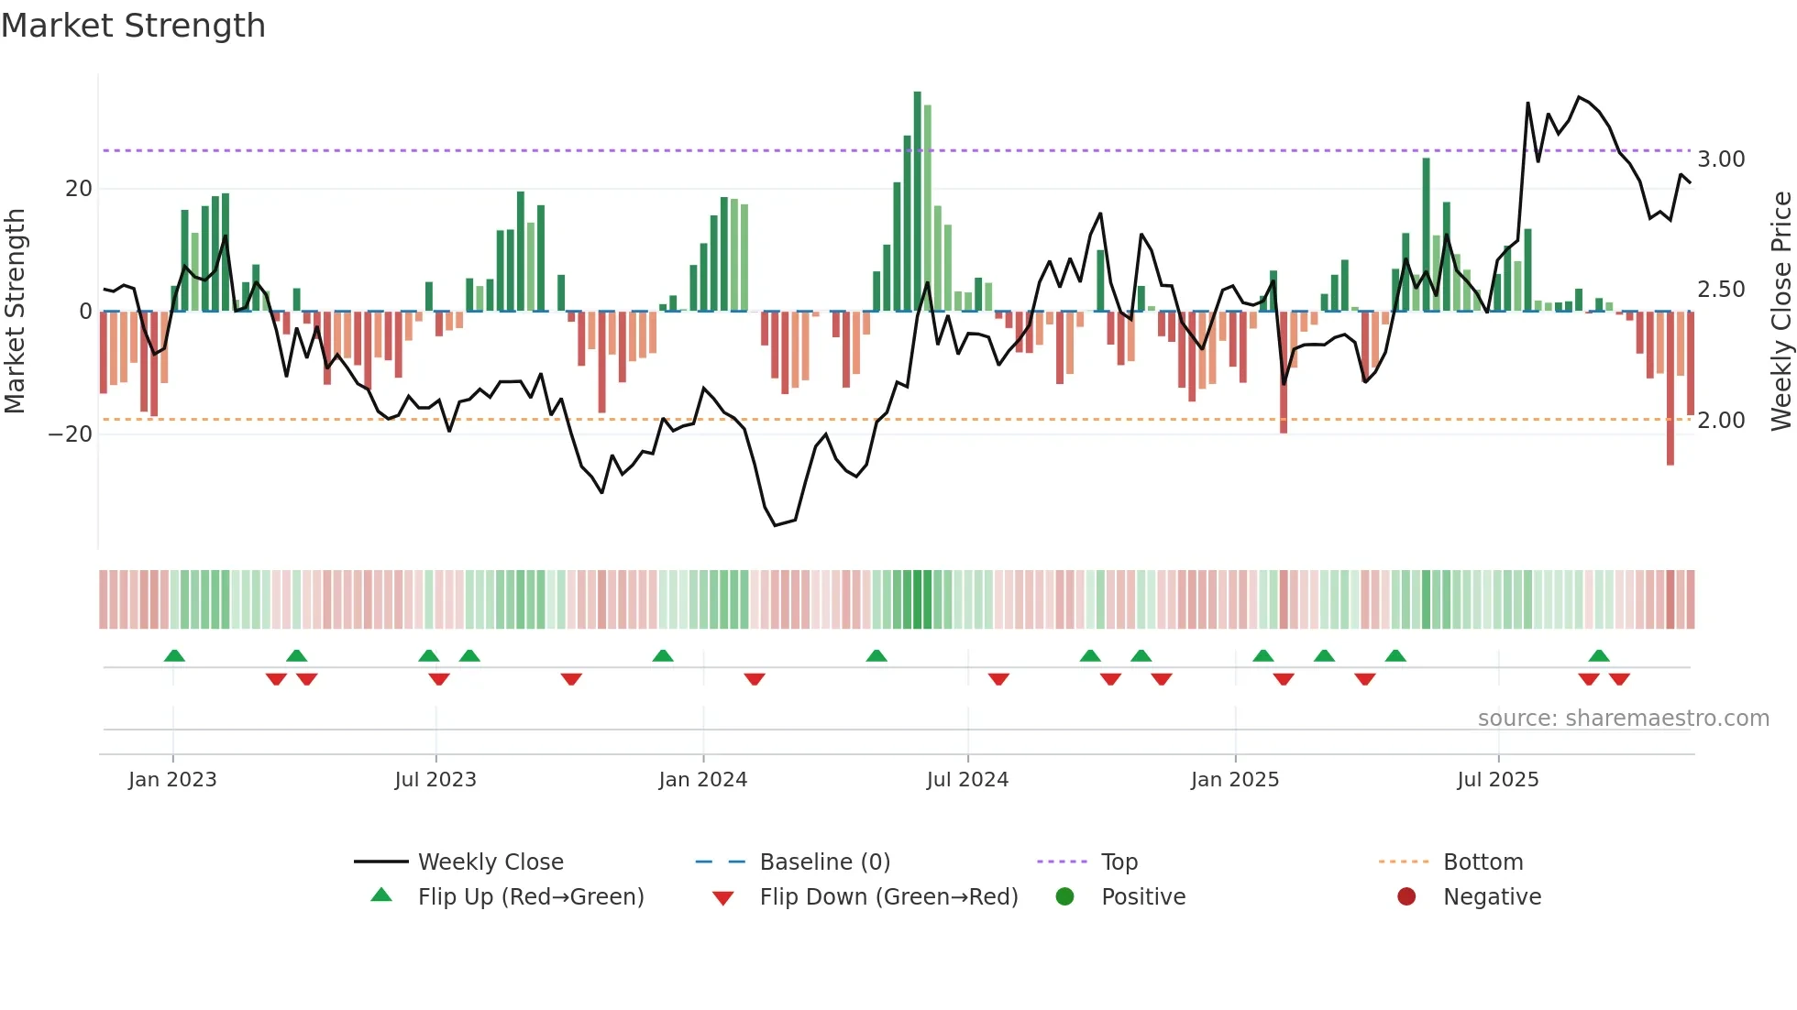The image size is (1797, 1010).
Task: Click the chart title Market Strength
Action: click(x=133, y=26)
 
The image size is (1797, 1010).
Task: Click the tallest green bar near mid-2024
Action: click(x=917, y=202)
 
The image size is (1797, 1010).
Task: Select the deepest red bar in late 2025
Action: click(x=1670, y=389)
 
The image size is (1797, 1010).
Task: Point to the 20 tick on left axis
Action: click(x=79, y=189)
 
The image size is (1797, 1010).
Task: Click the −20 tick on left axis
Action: click(x=72, y=434)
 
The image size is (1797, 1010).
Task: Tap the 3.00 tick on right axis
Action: click(x=1721, y=159)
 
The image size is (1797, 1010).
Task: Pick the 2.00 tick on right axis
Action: click(x=1721, y=421)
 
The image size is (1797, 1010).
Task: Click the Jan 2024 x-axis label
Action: click(x=702, y=780)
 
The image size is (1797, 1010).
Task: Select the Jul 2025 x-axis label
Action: click(x=1497, y=780)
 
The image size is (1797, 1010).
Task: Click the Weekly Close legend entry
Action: click(x=491, y=862)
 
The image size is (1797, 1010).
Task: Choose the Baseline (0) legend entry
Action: click(x=824, y=862)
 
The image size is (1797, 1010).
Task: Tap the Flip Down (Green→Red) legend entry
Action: click(x=887, y=897)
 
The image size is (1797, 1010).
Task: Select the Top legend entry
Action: click(x=1119, y=862)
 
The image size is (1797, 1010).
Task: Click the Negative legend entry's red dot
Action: click(x=1406, y=897)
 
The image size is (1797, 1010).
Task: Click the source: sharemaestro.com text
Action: click(x=1623, y=719)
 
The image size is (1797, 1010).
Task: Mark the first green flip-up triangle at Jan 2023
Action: click(x=174, y=655)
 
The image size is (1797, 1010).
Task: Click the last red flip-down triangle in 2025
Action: click(x=1619, y=679)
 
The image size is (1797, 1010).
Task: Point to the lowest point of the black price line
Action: click(x=775, y=525)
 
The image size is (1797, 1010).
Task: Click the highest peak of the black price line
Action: click(x=1579, y=97)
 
